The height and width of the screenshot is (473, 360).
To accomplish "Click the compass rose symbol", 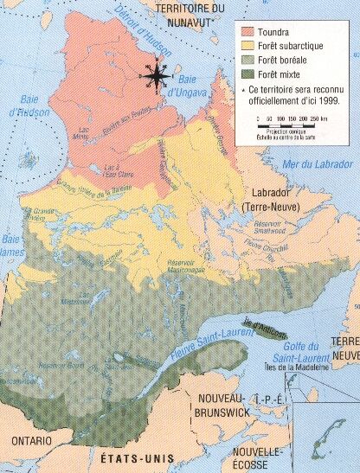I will point(156,77).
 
